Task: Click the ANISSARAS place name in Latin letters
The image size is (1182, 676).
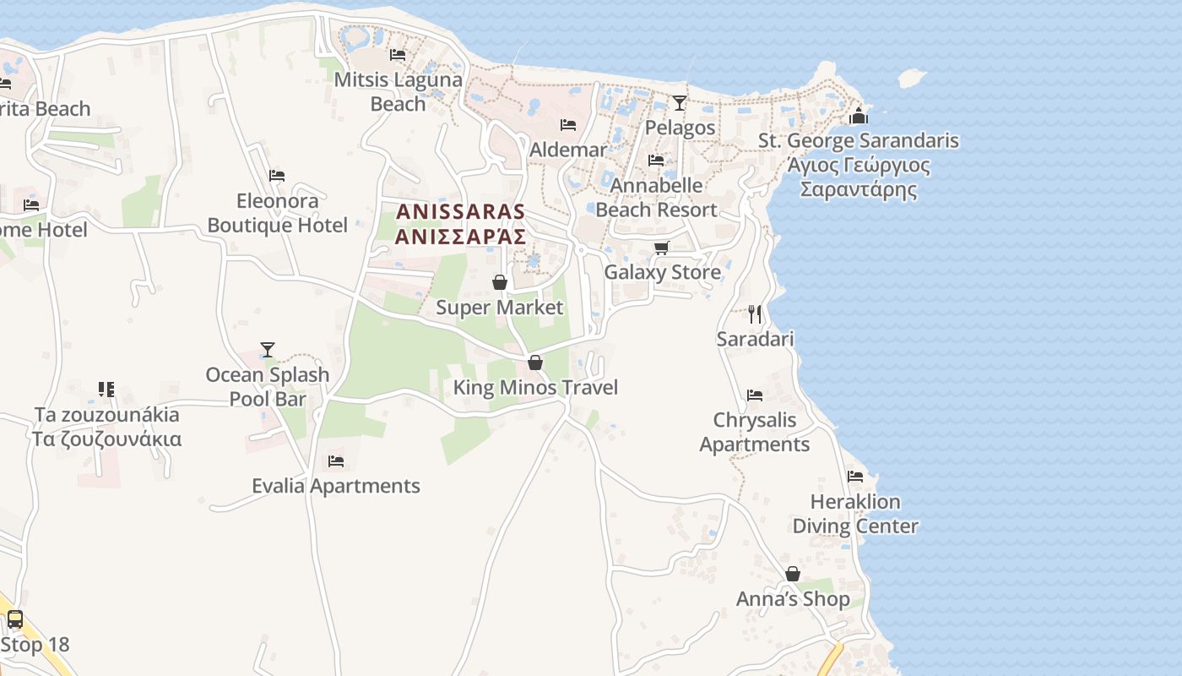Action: pyautogui.click(x=460, y=211)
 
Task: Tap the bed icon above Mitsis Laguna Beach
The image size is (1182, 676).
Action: pyautogui.click(x=398, y=55)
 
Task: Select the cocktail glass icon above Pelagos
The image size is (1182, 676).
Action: pyautogui.click(x=680, y=103)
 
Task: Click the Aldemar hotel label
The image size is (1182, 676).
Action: pyautogui.click(x=568, y=150)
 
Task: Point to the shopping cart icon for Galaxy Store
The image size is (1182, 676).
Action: pyautogui.click(x=662, y=248)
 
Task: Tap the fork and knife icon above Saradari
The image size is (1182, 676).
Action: pyautogui.click(x=755, y=314)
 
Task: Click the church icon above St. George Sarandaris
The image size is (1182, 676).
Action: pyautogui.click(x=859, y=116)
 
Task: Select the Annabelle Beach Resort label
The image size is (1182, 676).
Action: pyautogui.click(x=656, y=197)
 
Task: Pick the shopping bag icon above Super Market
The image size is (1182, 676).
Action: pyautogui.click(x=500, y=282)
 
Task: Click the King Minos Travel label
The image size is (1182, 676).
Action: pyautogui.click(x=535, y=388)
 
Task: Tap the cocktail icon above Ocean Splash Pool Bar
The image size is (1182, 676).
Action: pyautogui.click(x=268, y=349)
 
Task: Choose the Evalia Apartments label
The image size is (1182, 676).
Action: pyautogui.click(x=336, y=486)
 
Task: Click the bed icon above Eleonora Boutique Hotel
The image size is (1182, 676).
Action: pyautogui.click(x=277, y=176)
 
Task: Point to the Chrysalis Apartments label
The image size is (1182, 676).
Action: pyautogui.click(x=755, y=432)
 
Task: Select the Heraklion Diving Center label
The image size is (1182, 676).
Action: pyautogui.click(x=855, y=514)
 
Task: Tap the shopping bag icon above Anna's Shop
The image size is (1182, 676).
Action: pyautogui.click(x=793, y=575)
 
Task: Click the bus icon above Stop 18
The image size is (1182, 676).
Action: pyautogui.click(x=15, y=619)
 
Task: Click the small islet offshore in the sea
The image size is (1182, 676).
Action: pyautogui.click(x=910, y=78)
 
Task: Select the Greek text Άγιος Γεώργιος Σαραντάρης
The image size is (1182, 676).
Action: pyautogui.click(x=859, y=177)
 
